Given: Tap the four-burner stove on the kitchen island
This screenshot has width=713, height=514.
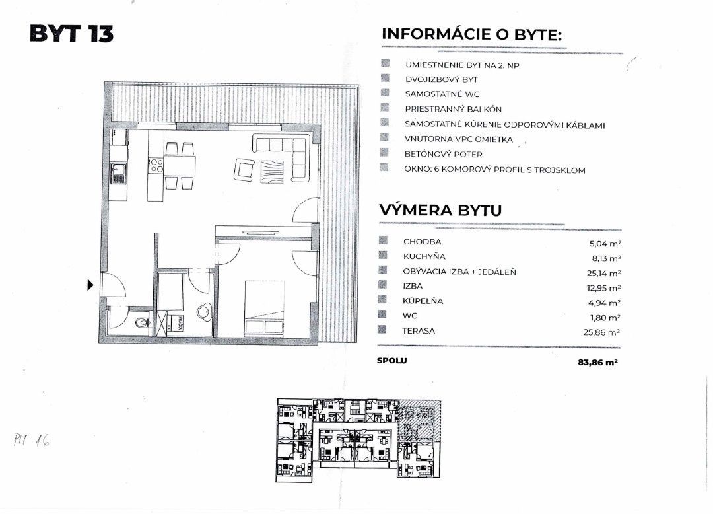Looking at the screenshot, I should click(156, 165).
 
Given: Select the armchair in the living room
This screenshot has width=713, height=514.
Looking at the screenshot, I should click(242, 169).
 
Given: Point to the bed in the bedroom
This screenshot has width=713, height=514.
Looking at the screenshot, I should click(265, 308).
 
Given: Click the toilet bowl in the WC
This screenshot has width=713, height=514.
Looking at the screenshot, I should click(139, 324).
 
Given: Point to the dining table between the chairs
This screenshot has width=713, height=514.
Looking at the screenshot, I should click(180, 165).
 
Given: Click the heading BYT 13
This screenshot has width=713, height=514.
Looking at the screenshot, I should click(71, 34).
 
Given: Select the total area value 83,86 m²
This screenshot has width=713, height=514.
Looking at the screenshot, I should click(596, 362).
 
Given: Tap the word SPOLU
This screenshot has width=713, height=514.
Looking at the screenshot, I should click(391, 361).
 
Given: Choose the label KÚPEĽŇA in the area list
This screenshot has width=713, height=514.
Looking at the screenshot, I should click(423, 301).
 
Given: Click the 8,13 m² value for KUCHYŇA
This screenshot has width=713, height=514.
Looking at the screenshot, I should click(605, 258).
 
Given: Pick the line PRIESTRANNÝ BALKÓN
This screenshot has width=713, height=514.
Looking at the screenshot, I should click(454, 109).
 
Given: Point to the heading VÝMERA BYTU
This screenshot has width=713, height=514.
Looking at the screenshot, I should click(440, 211).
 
